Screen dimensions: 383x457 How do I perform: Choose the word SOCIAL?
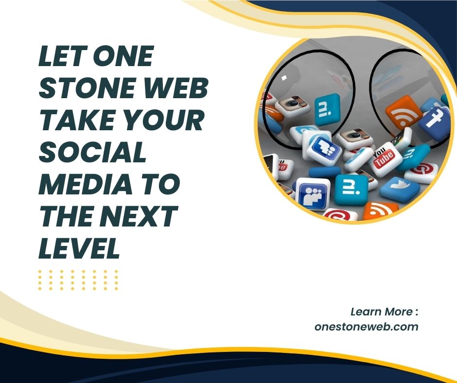(92, 154)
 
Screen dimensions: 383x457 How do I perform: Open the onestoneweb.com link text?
(366, 327)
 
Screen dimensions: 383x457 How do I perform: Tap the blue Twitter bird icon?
(400, 188)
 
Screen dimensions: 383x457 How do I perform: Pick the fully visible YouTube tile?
(387, 157)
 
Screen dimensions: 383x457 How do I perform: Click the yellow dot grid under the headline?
(78, 280)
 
